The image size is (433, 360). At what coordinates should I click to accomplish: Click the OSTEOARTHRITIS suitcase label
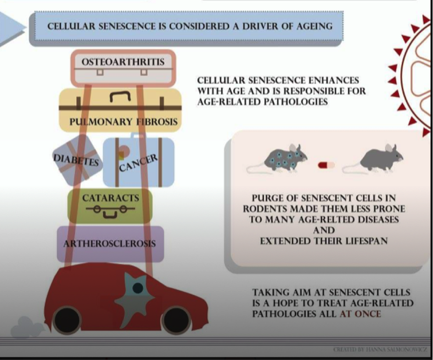tap(123, 62)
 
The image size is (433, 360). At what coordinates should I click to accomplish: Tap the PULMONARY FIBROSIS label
tap(123, 122)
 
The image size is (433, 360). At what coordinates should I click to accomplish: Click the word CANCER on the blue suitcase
tap(138, 162)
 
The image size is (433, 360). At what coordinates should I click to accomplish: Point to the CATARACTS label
tap(111, 198)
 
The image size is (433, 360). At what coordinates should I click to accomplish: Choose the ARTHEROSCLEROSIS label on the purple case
tap(109, 244)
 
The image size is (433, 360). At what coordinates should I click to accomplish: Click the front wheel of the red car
tap(176, 320)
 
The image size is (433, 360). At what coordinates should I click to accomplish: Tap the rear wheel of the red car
tap(67, 320)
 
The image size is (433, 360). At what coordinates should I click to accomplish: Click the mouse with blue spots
tap(282, 159)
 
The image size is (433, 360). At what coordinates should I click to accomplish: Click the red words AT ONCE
tap(360, 314)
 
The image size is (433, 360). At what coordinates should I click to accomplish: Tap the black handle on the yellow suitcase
tap(119, 96)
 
